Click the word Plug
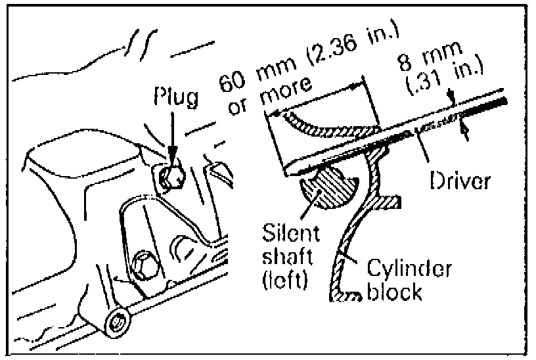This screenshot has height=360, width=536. click(175, 98)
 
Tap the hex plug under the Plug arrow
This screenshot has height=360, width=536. click(173, 175)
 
